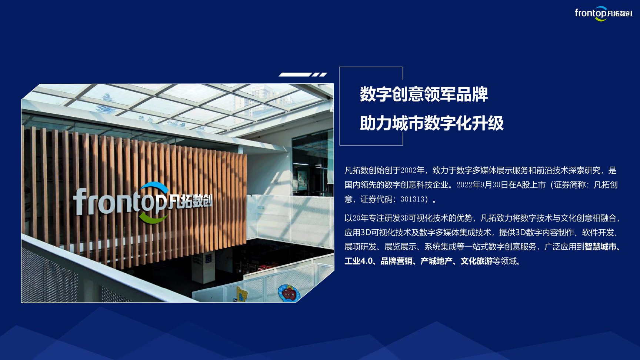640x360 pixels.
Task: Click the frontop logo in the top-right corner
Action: coord(603,13)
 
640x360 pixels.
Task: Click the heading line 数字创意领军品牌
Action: coord(424,94)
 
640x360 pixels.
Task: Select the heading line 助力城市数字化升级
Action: coord(432,123)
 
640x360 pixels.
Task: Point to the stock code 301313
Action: coord(412,199)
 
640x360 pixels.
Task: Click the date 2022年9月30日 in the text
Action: coord(482,185)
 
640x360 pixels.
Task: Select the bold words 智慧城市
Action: coord(600,247)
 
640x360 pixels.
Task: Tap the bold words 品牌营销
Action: coord(397,261)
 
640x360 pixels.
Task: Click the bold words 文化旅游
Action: coord(477,261)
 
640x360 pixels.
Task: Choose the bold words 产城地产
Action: coord(437,261)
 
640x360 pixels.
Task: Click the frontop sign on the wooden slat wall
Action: coord(143,202)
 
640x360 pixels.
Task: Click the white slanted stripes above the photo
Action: coord(303,74)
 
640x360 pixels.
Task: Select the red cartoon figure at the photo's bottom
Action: coord(289,293)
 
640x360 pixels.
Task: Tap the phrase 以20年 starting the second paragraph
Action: coord(356,218)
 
